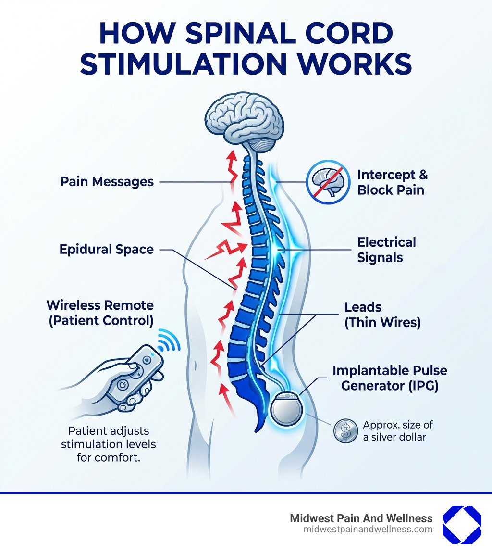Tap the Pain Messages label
point(107,182)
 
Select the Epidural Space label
point(107,249)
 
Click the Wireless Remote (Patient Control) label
point(100,313)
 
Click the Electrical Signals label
point(386,250)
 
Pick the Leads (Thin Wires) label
point(382,315)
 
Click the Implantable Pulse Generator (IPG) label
point(389,378)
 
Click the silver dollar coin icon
point(346,430)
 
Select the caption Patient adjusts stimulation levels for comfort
point(108,444)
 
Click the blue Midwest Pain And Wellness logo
point(461,525)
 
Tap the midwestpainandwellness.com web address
point(368,530)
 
